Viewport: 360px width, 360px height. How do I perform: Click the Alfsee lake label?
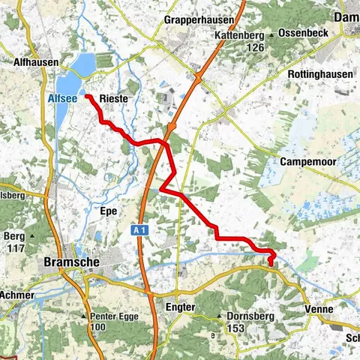pyautogui.click(x=58, y=97)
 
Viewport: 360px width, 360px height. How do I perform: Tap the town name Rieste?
pyautogui.click(x=112, y=98)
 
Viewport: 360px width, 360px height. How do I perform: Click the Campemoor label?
pyautogui.click(x=312, y=161)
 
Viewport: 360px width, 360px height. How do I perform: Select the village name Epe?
pyautogui.click(x=107, y=211)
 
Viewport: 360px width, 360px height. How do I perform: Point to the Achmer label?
pyautogui.click(x=16, y=295)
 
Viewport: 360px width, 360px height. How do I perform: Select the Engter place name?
pyautogui.click(x=180, y=307)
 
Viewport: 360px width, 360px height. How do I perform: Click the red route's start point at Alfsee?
pyautogui.click(x=87, y=96)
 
